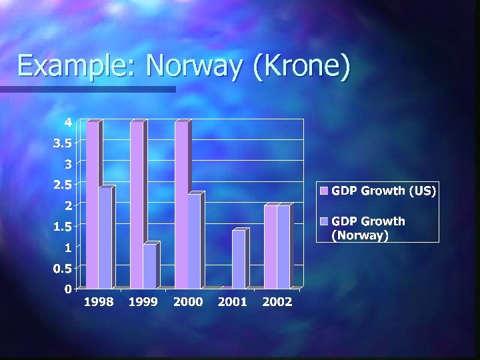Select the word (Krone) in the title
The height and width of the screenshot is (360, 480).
point(301,66)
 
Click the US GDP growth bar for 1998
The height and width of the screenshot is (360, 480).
point(93,203)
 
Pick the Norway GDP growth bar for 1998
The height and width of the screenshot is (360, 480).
point(105,237)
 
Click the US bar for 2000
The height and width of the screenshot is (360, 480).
point(181,203)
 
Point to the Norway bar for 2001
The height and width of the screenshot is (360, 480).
point(239,259)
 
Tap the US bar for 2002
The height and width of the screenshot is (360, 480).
point(271,246)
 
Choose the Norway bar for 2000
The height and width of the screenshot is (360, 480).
point(194,240)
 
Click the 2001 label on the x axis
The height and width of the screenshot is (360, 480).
point(233,302)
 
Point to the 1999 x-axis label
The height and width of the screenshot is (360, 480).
point(143,302)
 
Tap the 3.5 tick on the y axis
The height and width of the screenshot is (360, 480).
point(63,143)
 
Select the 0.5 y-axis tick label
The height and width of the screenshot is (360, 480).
point(63,269)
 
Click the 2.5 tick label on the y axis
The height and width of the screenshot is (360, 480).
point(63,185)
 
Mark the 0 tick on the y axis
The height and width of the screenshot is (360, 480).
point(69,289)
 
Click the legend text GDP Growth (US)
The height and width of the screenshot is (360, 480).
point(384,191)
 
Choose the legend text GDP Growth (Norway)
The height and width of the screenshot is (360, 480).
point(368,227)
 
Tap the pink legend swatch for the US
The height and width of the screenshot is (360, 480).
point(325,191)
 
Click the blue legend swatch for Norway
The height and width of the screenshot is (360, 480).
point(325,221)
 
